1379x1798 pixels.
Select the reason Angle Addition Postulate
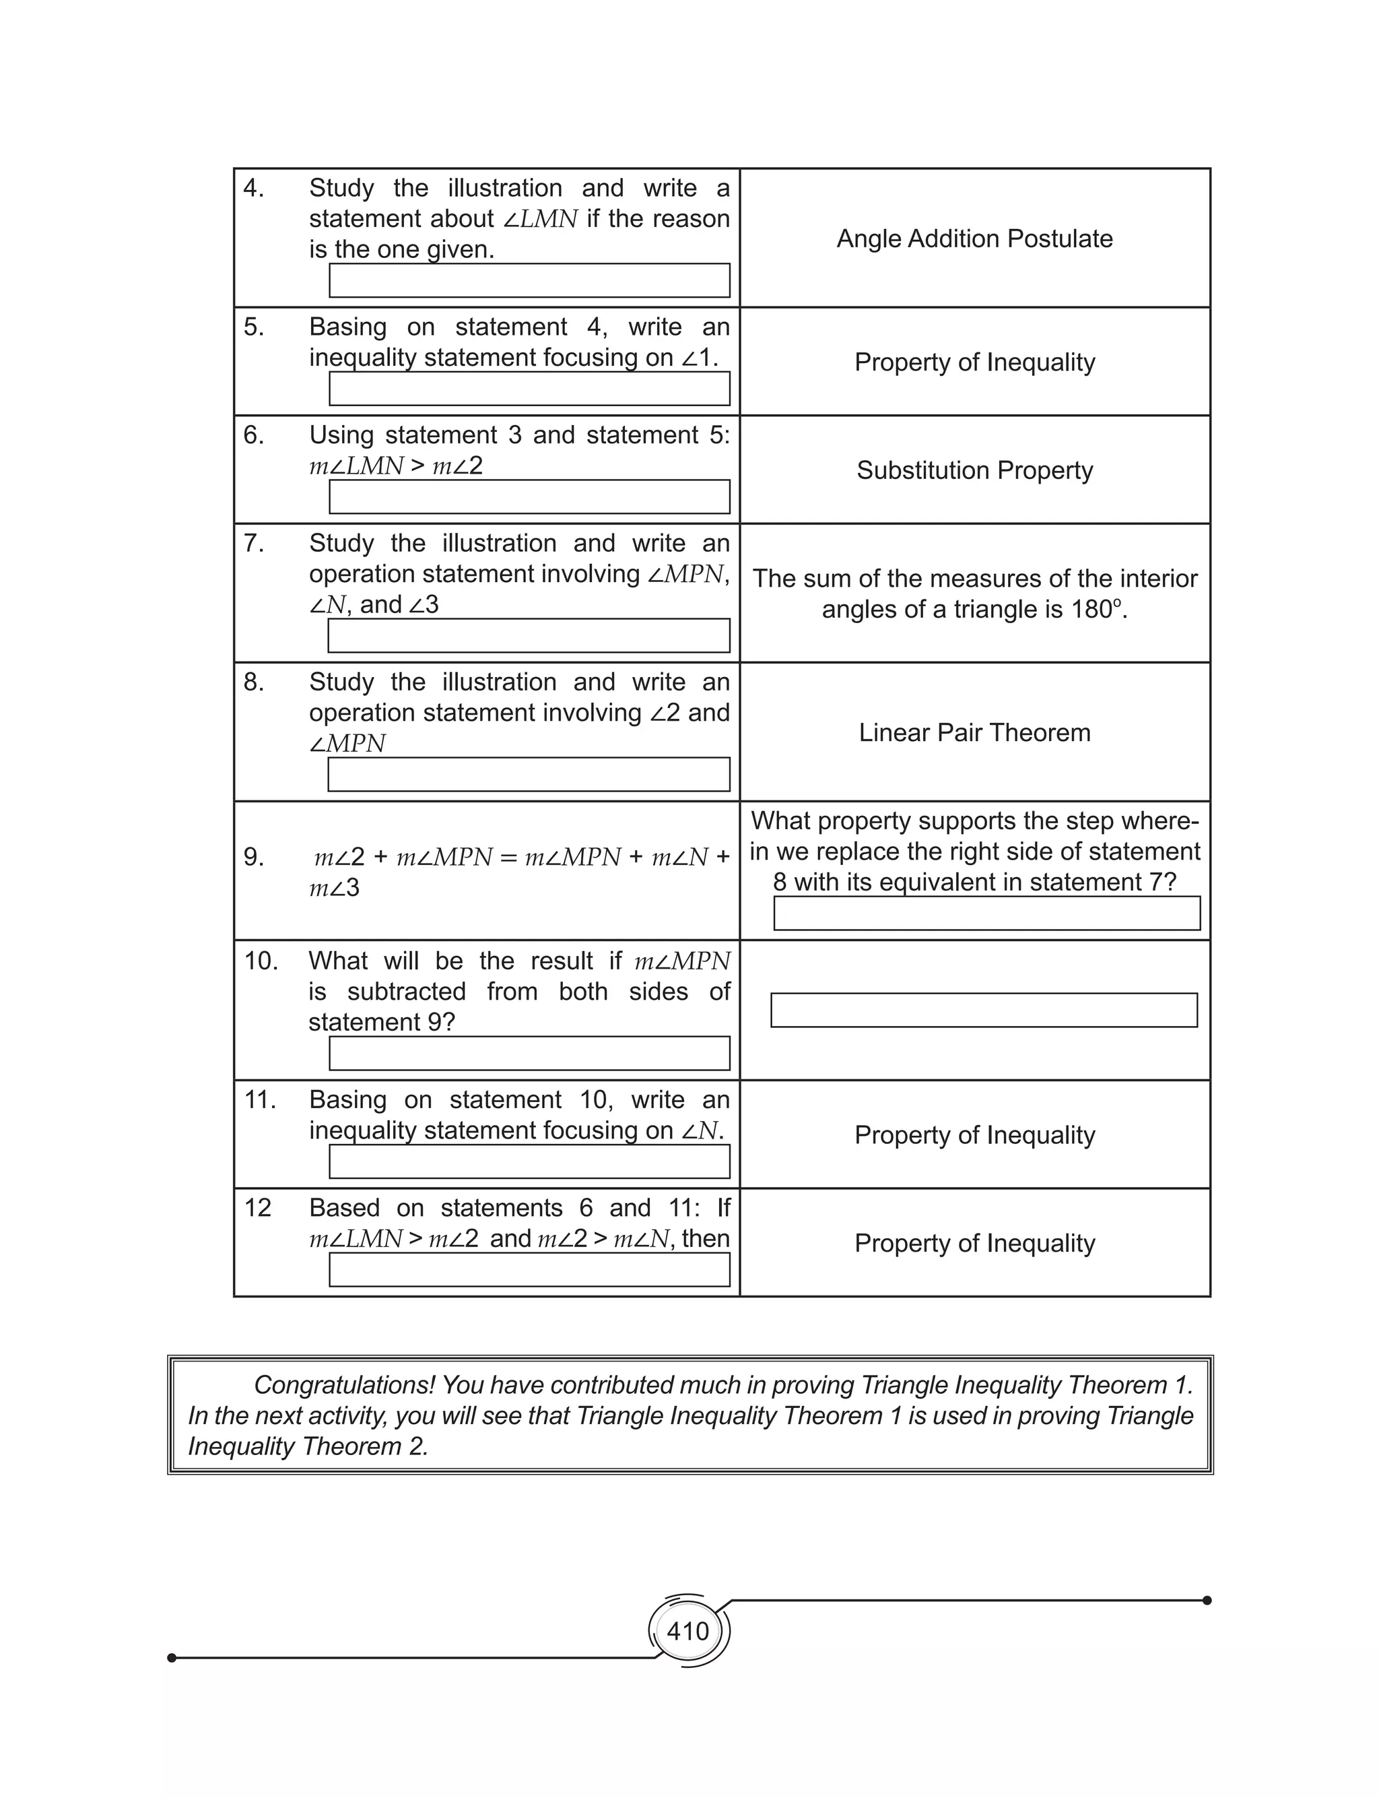[974, 239]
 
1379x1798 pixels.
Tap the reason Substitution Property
[974, 470]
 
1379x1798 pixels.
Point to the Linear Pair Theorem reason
[974, 732]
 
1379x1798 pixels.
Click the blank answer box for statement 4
[529, 281]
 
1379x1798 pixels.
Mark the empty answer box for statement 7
[529, 635]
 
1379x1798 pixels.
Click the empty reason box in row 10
[983, 1010]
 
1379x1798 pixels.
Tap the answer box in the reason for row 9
[986, 913]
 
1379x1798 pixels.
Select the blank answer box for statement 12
[529, 1270]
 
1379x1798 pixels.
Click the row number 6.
[254, 435]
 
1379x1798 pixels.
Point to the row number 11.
[259, 1100]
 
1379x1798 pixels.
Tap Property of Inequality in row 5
[974, 362]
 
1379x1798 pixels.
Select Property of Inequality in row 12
[974, 1243]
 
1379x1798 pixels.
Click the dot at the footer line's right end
[1207, 1600]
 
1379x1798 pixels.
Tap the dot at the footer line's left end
[172, 1658]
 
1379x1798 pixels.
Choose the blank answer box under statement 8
[529, 774]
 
